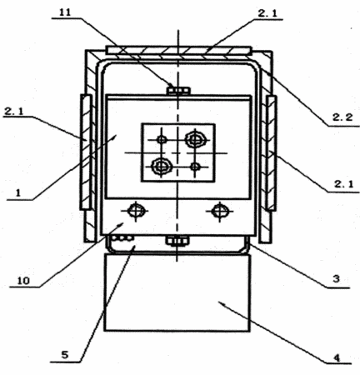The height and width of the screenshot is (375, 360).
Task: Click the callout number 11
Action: pos(65,12)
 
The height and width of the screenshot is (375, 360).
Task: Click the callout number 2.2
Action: pos(342,117)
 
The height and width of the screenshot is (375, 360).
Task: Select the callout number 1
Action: pos(18,192)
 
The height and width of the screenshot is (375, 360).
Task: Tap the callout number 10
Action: pos(23,281)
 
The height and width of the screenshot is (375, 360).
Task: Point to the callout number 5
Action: pos(64,355)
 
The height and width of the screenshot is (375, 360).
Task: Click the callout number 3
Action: pos(336,278)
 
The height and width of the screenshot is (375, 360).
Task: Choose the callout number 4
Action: pos(337,357)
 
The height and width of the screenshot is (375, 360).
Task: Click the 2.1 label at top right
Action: pos(267,13)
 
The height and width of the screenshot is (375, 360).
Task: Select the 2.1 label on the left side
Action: pos(14,112)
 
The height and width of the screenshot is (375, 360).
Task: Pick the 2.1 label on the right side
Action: pos(343,184)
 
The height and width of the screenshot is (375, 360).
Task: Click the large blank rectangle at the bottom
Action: pos(177,292)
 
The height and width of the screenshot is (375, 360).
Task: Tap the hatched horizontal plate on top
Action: pos(178,50)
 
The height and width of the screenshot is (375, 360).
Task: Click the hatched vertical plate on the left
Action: pos(86,152)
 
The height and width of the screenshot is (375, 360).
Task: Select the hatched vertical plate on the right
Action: pos(271,153)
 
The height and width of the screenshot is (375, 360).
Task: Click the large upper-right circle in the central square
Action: pos(196,139)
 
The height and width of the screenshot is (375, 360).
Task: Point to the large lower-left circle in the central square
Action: pos(161,167)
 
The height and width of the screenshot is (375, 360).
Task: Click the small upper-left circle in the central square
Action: pos(162,140)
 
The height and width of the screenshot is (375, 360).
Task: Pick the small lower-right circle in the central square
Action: pos(195,167)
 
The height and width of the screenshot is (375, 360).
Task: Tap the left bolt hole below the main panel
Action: pos(136,211)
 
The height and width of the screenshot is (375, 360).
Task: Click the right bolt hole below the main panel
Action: pos(220,212)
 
